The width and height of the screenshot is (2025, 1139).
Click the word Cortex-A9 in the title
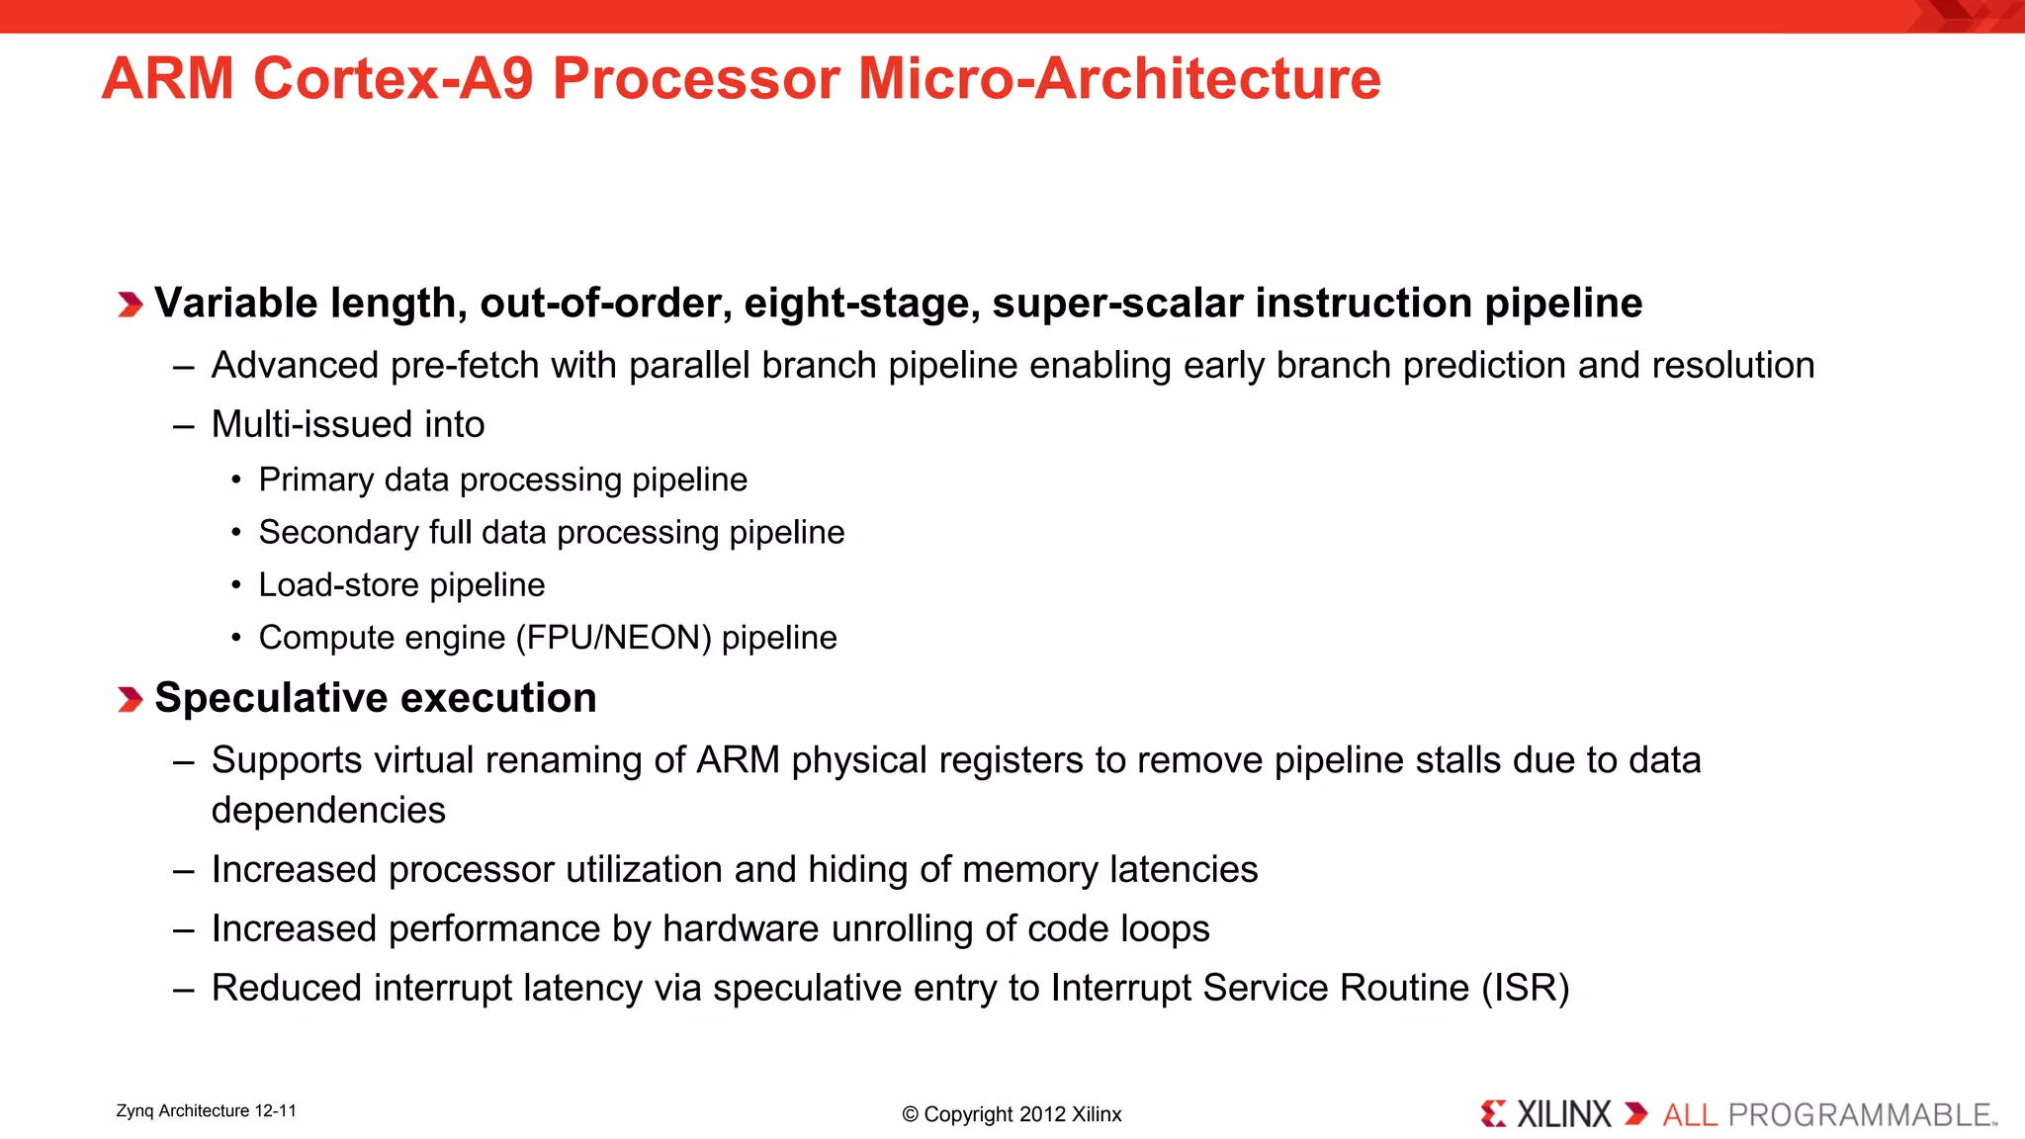pos(394,79)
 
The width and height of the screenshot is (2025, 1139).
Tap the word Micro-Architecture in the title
pos(1118,79)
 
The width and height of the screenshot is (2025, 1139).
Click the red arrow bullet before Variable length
pos(130,305)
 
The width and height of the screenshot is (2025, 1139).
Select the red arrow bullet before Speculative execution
pos(130,700)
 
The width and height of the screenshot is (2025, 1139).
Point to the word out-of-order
pos(605,304)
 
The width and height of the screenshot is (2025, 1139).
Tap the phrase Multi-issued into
pos(348,425)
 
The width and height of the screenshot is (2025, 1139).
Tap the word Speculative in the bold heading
pos(272,699)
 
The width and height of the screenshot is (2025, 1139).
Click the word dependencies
pos(328,811)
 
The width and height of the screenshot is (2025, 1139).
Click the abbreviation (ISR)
pos(1525,989)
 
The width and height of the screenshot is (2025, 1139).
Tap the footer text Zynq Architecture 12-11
pos(206,1111)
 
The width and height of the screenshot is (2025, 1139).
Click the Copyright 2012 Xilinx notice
pos(1012,1114)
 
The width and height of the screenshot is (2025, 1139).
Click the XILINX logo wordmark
pos(1562,1115)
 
